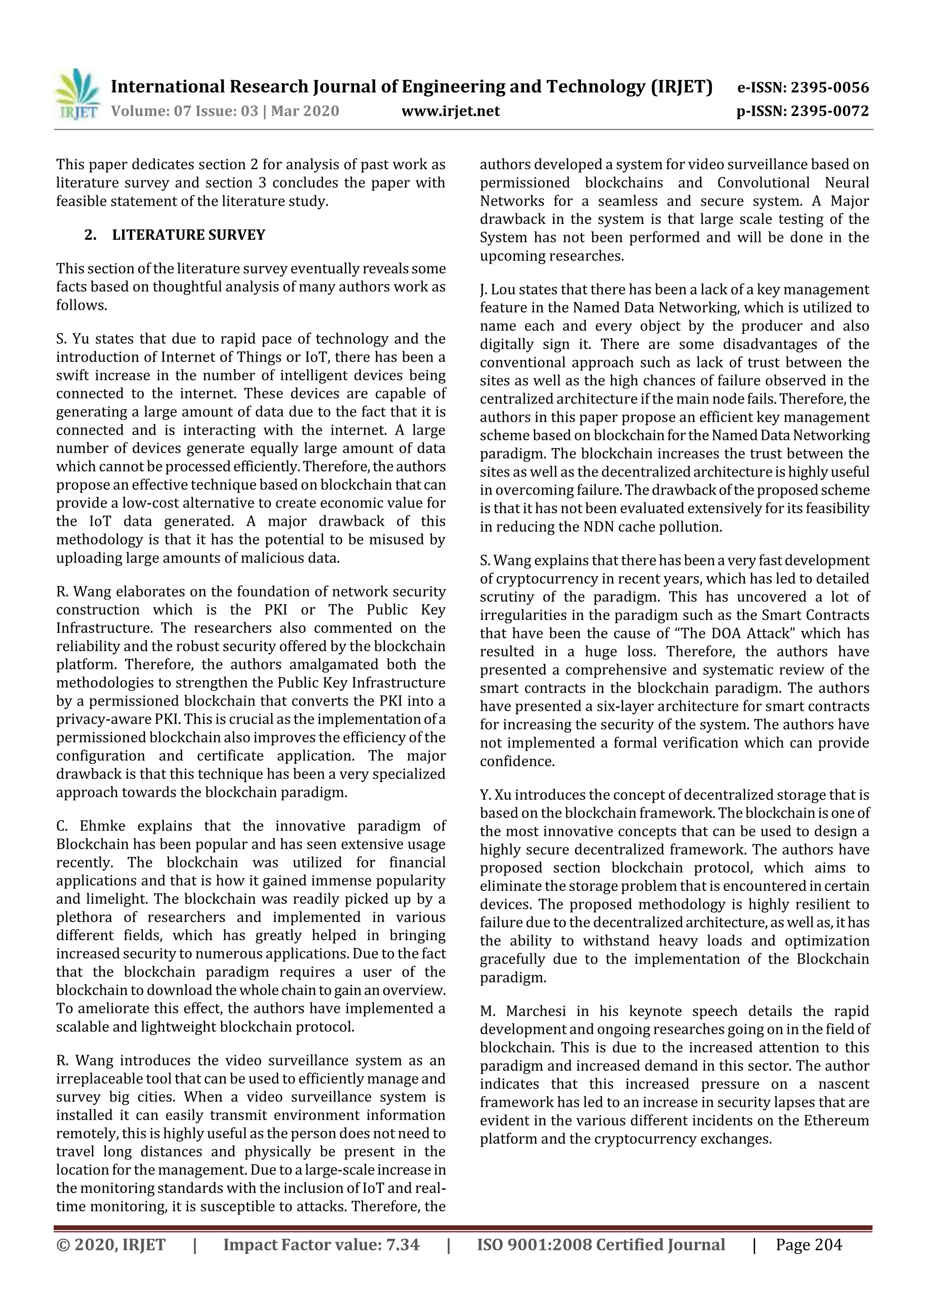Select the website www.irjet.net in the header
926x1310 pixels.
[450, 111]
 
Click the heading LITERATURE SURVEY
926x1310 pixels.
[188, 235]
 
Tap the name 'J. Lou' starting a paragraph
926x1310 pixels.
[495, 290]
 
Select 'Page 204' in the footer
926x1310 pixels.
[808, 1244]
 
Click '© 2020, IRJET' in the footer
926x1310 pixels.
[111, 1244]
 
